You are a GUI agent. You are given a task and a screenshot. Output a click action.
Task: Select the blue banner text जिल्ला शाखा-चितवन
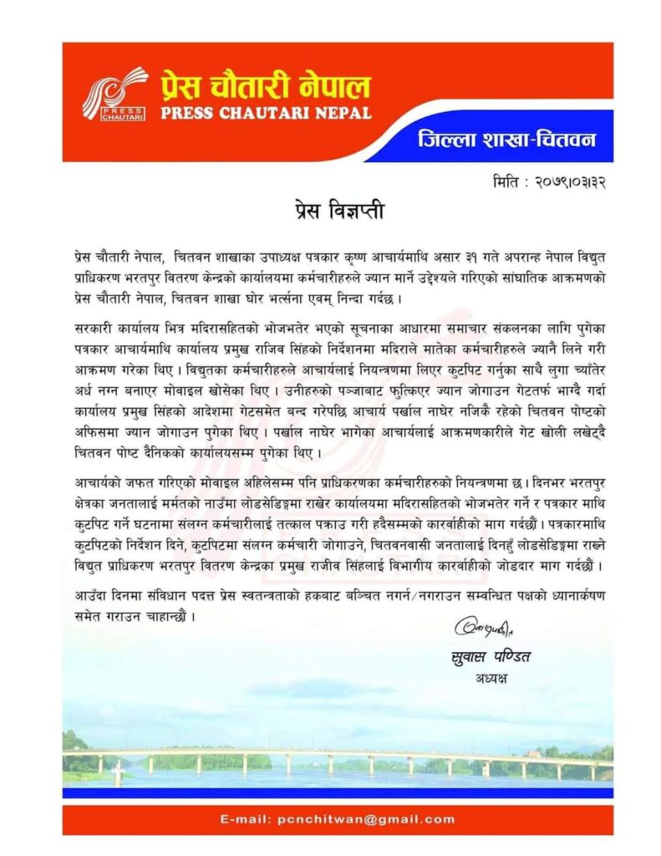(x=506, y=138)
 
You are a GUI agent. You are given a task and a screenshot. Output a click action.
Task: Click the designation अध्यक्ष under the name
(x=489, y=678)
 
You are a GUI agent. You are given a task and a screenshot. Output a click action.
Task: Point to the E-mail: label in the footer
(x=246, y=820)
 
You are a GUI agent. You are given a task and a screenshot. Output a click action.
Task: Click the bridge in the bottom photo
(x=334, y=756)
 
